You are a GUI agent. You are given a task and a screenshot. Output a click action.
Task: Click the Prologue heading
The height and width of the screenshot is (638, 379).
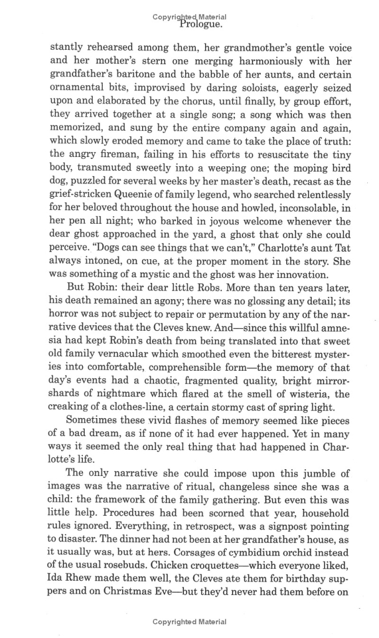tap(201, 25)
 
